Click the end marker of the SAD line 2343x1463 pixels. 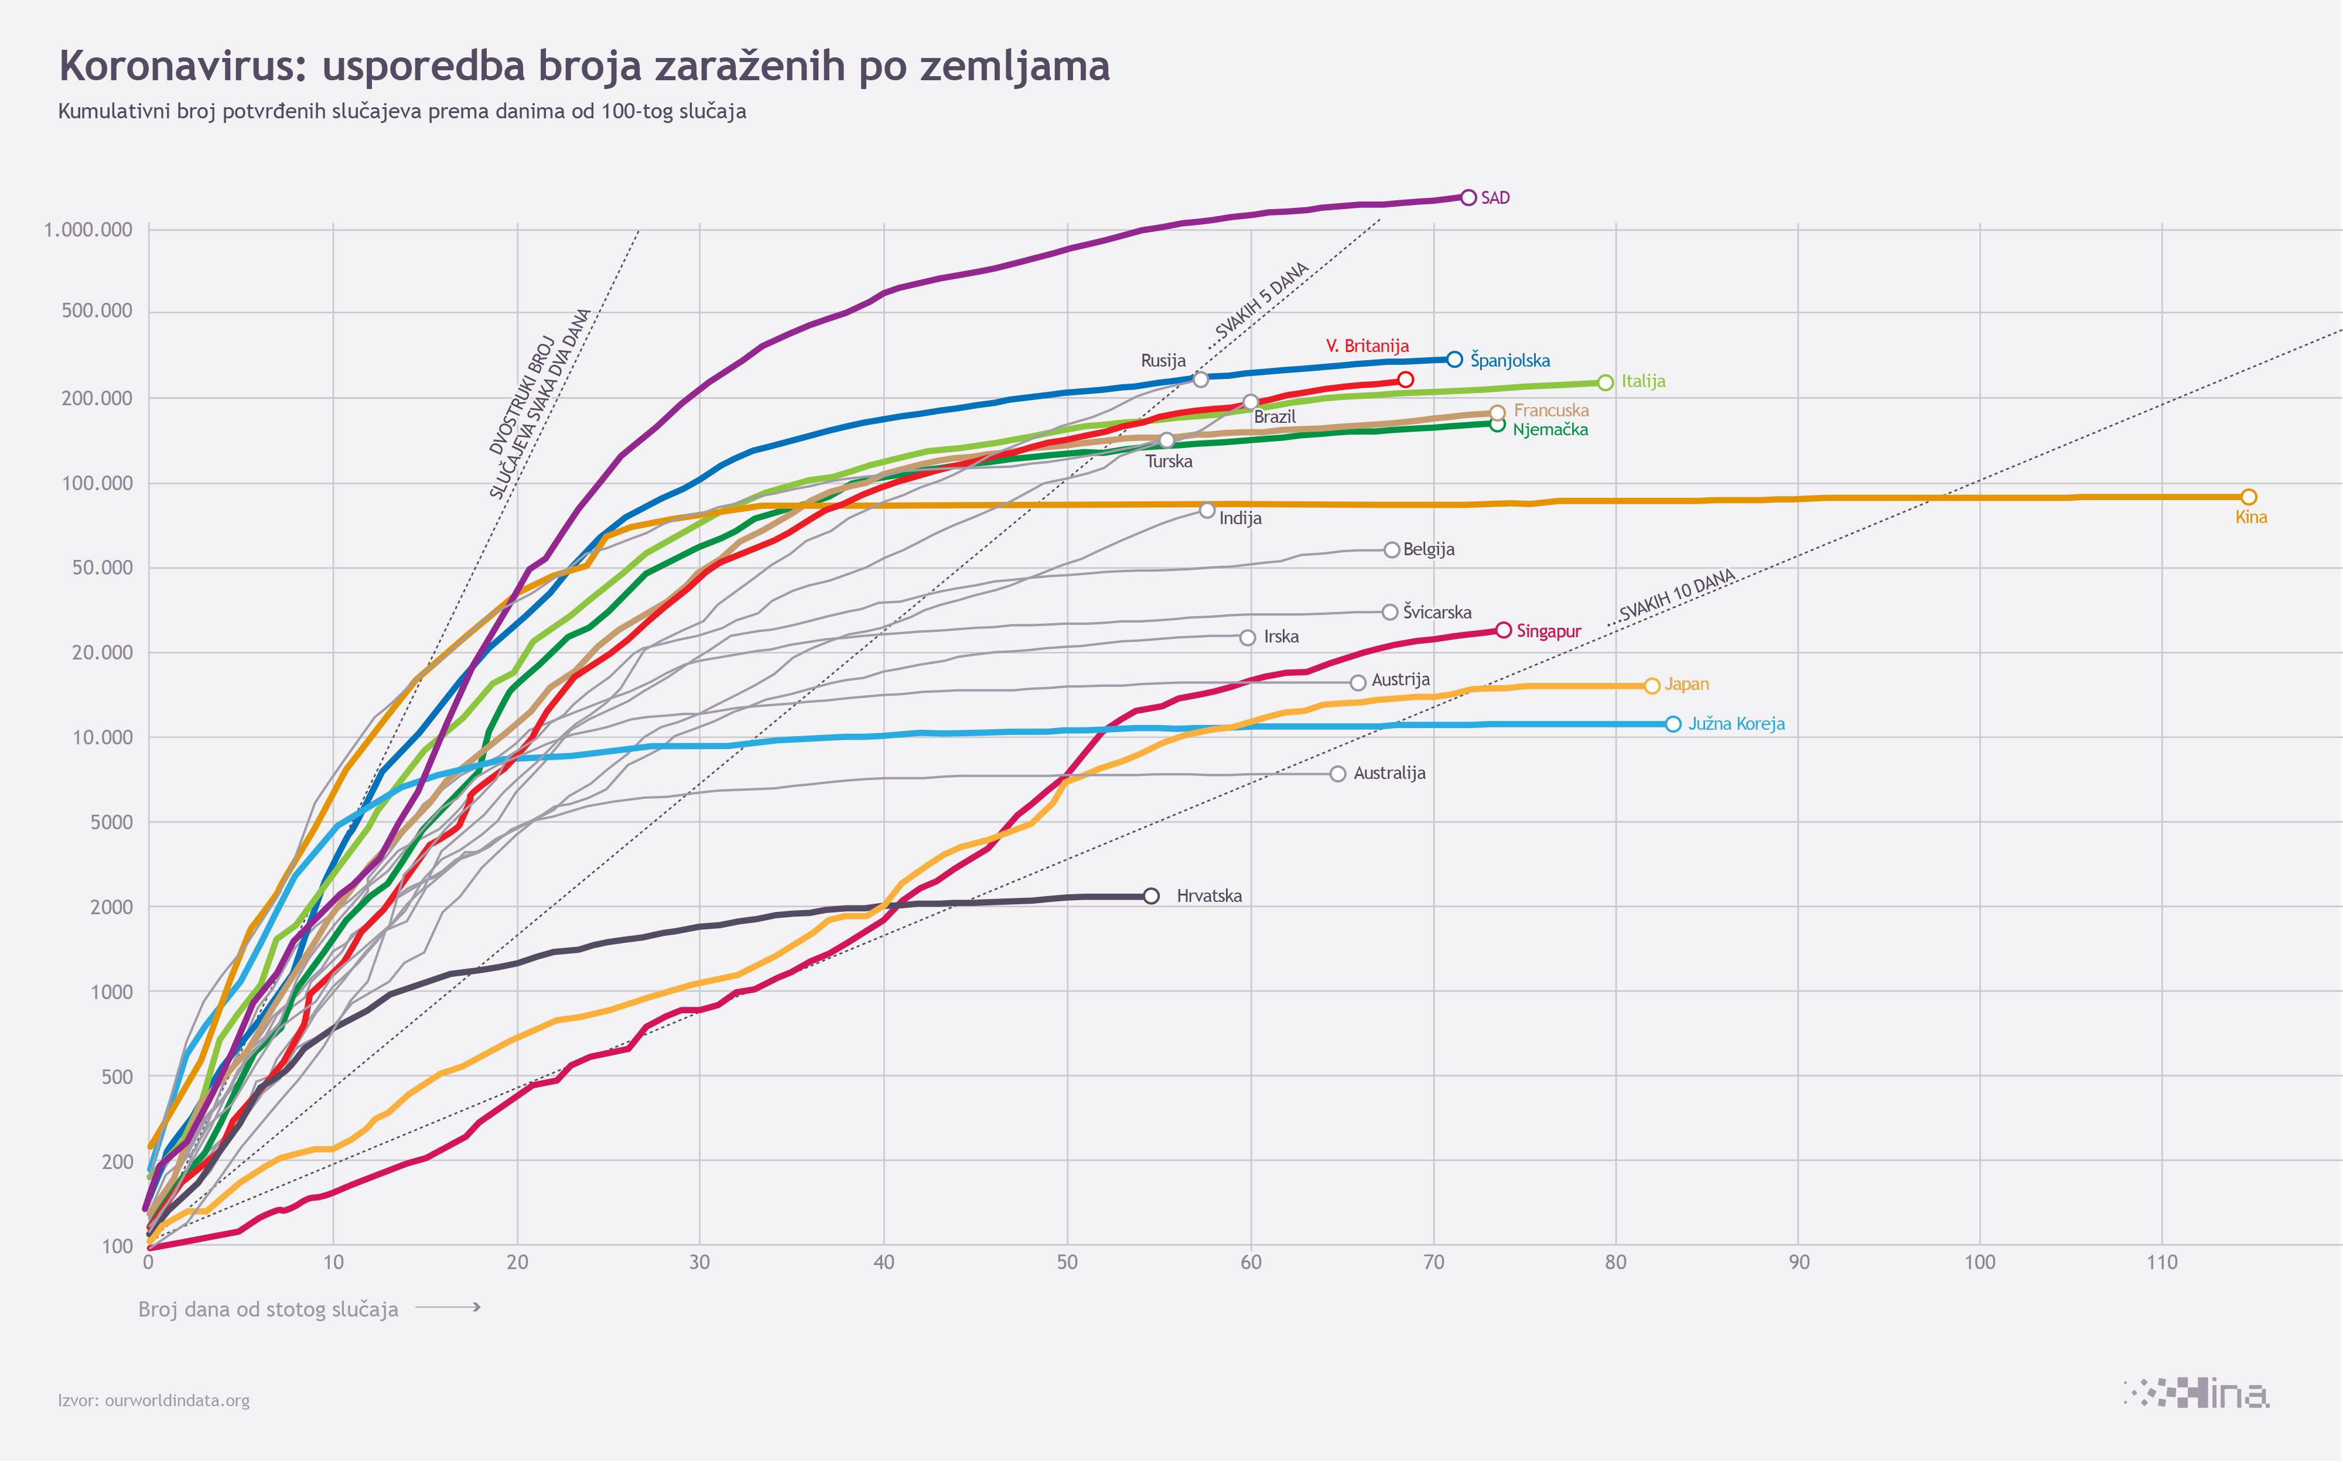(x=1468, y=197)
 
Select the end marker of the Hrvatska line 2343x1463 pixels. (x=1150, y=896)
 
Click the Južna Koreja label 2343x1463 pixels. (x=1736, y=724)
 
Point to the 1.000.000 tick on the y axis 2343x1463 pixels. (x=88, y=230)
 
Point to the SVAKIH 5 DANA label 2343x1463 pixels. (x=1261, y=300)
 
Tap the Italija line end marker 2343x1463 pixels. (x=1606, y=382)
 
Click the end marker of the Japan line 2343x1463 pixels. (x=1652, y=686)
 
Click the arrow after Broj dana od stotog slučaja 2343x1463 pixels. (x=448, y=1307)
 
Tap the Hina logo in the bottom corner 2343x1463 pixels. (x=2197, y=1394)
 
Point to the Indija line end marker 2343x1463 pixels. (x=1207, y=510)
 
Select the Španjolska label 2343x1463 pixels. (x=1509, y=361)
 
